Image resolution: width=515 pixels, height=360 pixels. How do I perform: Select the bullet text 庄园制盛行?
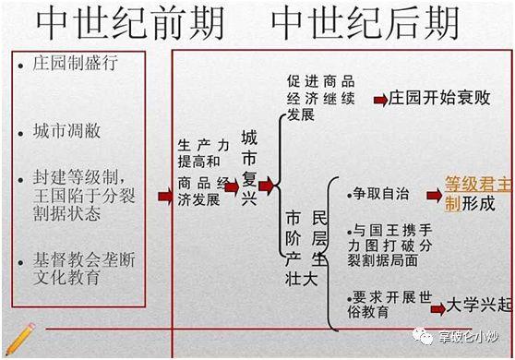click(78, 66)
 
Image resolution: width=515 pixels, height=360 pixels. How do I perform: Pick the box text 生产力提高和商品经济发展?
click(205, 162)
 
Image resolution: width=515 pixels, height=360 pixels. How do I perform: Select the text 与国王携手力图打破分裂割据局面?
click(390, 246)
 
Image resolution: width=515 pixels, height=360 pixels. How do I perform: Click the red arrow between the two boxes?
click(164, 196)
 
